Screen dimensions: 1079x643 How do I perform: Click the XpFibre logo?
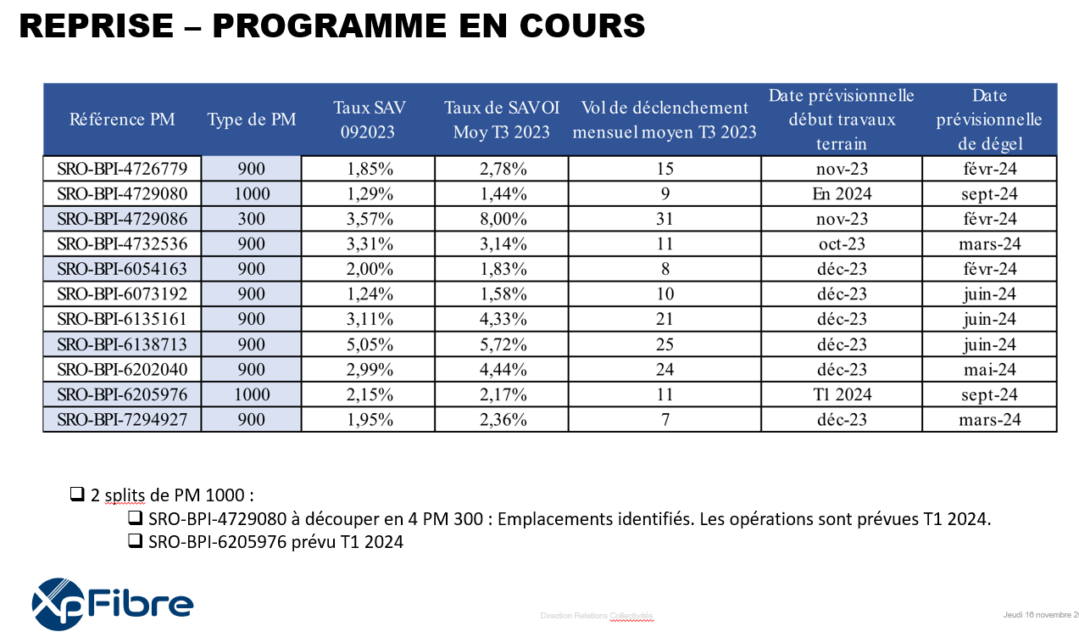[x=112, y=604]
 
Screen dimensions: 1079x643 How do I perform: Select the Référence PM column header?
[x=122, y=119]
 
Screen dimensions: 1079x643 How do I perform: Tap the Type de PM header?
[x=252, y=119]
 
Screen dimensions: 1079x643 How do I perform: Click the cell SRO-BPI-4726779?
[x=122, y=169]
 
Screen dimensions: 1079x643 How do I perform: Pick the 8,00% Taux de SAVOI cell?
[x=503, y=219]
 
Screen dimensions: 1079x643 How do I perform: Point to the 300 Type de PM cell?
[x=251, y=219]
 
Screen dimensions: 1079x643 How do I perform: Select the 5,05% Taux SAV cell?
[x=370, y=344]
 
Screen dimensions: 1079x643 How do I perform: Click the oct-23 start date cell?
[x=842, y=244]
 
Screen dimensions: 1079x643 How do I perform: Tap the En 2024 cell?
[x=842, y=193]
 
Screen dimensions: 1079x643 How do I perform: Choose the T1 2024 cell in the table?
[x=842, y=394]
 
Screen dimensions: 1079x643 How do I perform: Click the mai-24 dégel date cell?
[x=989, y=369]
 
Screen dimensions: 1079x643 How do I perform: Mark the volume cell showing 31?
[x=665, y=219]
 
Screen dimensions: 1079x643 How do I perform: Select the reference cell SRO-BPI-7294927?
[x=122, y=419]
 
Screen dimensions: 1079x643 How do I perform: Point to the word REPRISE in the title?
[x=97, y=25]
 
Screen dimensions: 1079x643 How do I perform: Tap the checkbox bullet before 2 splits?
[x=77, y=494]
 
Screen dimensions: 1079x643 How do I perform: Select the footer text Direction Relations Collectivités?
[x=597, y=616]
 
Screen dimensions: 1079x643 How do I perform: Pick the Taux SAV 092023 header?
[x=370, y=120]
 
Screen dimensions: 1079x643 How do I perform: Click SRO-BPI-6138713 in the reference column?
[x=122, y=344]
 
